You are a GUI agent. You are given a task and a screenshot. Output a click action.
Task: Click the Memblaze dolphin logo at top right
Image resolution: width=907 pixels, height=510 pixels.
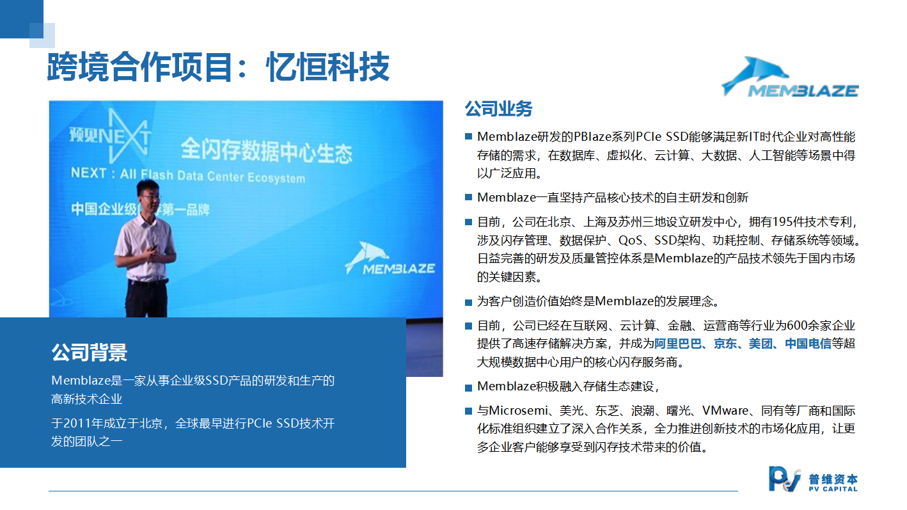[789, 77]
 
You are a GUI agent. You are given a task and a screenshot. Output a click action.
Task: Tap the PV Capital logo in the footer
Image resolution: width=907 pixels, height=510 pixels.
[813, 479]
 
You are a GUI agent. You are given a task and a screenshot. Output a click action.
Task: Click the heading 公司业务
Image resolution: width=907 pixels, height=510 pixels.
[498, 109]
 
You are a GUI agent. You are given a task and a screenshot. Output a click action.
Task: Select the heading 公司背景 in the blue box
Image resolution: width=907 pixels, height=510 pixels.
[90, 352]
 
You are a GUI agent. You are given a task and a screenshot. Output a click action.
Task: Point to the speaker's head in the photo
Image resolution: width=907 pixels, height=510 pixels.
[148, 194]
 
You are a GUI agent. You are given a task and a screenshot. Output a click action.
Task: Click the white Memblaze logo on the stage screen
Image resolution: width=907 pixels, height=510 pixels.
[390, 259]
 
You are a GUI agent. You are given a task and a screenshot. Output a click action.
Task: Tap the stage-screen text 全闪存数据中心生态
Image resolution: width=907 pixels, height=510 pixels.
[267, 150]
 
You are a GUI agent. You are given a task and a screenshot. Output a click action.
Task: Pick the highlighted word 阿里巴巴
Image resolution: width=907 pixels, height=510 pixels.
[678, 344]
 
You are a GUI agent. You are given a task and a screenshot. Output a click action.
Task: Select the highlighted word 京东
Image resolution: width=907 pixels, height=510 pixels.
[725, 344]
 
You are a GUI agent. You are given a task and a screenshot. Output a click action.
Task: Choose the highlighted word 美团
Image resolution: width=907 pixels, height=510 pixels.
[761, 344]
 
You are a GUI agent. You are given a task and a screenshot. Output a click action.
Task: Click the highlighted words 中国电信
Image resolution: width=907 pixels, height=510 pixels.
[808, 344]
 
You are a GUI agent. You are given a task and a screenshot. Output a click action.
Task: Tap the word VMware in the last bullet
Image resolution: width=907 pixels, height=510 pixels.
[725, 411]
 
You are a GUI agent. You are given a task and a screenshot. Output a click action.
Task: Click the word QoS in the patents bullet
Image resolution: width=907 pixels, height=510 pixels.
[631, 241]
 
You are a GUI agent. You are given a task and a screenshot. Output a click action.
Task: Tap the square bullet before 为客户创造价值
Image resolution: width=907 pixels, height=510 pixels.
[468, 302]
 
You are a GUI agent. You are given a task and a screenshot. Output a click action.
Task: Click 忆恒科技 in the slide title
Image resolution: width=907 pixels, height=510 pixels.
[327, 67]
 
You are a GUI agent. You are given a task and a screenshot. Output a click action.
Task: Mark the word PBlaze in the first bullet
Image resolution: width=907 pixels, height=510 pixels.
[592, 137]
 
